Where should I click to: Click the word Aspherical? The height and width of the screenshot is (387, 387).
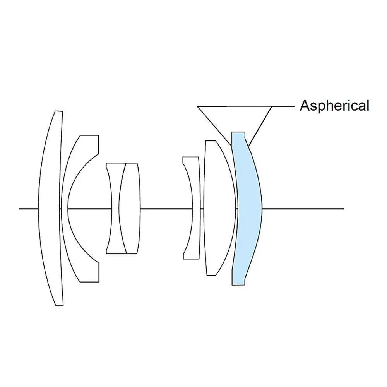(x=334, y=105)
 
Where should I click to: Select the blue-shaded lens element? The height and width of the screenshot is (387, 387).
(x=248, y=209)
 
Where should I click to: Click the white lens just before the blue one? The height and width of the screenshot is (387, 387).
(x=219, y=209)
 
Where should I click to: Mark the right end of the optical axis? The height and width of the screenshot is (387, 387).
(x=342, y=209)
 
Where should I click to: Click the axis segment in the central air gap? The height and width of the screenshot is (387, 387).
(x=166, y=209)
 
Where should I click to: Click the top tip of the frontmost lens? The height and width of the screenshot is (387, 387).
(x=58, y=112)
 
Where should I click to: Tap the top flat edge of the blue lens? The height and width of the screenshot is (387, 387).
(x=238, y=132)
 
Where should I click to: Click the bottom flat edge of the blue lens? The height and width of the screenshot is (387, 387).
(x=238, y=285)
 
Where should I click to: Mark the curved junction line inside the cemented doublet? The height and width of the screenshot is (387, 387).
(x=119, y=209)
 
